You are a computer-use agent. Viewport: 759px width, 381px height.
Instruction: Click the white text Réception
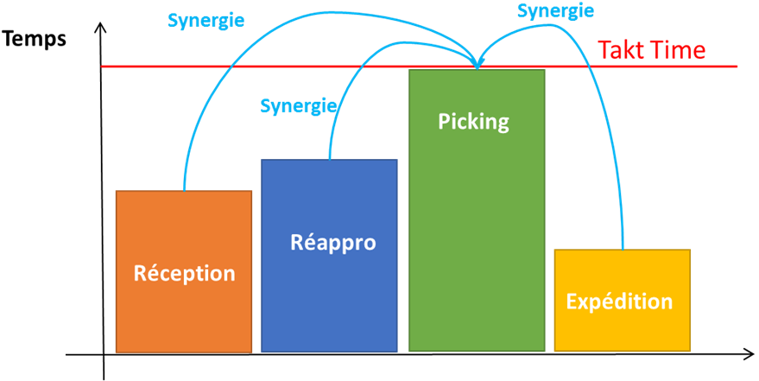click(184, 273)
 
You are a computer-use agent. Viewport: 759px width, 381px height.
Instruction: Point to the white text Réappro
click(332, 243)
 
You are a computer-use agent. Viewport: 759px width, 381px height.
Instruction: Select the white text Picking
click(473, 122)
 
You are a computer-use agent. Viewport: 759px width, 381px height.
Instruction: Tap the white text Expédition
click(619, 302)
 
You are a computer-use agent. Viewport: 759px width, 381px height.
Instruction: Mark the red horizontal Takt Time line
click(259, 67)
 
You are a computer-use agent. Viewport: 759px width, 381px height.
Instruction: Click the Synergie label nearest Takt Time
click(555, 11)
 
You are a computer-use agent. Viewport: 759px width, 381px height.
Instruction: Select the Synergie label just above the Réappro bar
click(298, 106)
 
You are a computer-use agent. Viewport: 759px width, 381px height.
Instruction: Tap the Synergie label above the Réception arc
click(206, 21)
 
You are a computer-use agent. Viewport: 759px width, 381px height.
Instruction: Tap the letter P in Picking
click(444, 122)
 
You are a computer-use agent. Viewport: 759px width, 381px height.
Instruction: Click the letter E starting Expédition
click(572, 302)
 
